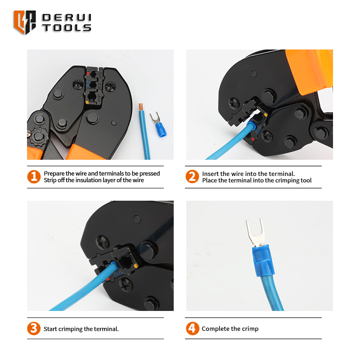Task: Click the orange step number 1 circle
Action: (x=34, y=177)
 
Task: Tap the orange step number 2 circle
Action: (x=192, y=176)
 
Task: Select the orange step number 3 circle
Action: (x=34, y=328)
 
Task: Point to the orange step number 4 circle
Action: (x=193, y=328)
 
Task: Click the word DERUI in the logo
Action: (x=67, y=18)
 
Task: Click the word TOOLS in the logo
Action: (x=67, y=28)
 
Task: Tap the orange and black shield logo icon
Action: (x=25, y=22)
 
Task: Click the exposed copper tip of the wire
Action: (x=141, y=107)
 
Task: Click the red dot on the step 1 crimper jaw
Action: (x=88, y=73)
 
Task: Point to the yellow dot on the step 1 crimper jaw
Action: (x=87, y=102)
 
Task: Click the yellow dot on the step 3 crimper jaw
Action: (x=136, y=266)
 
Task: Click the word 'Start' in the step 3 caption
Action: (x=50, y=329)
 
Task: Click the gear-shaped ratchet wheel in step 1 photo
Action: (x=39, y=136)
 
